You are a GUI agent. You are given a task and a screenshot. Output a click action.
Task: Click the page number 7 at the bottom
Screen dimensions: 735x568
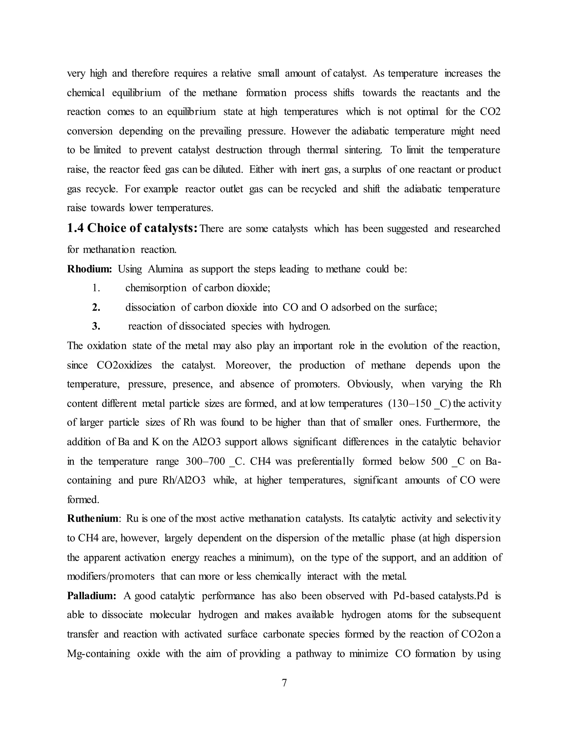pos(284,683)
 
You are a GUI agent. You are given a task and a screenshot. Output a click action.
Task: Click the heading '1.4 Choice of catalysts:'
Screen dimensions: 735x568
pos(132,229)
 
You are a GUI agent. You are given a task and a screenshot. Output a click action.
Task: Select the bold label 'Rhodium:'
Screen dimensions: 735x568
pos(89,269)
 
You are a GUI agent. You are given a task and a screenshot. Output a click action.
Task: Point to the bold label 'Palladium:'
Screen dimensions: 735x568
pos(92,596)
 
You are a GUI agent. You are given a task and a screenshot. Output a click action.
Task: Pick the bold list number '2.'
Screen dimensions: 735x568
pos(96,307)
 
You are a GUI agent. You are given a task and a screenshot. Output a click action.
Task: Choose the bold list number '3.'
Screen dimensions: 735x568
pos(96,326)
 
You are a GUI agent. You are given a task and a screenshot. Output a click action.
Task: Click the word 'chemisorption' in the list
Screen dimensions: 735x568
pos(156,288)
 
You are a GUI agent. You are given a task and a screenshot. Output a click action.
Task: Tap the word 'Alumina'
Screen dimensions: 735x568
pos(165,269)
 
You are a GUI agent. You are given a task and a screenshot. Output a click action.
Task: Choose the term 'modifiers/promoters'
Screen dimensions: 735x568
pos(111,577)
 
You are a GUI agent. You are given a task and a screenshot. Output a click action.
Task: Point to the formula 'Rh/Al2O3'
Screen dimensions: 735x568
pos(184,480)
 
